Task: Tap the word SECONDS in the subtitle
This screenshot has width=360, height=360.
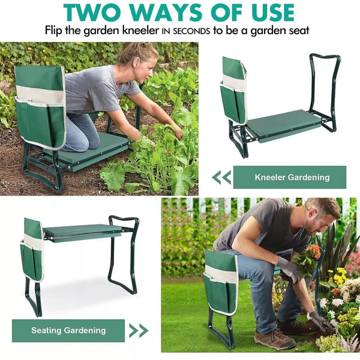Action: [x=191, y=31]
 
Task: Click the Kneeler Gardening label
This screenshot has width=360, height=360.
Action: [x=290, y=177]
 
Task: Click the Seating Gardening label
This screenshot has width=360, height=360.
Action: [x=68, y=331]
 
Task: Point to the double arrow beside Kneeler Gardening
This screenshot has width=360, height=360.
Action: [x=221, y=178]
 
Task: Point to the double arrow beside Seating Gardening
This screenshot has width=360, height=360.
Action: [x=139, y=331]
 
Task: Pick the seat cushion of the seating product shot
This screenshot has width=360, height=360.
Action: [x=82, y=232]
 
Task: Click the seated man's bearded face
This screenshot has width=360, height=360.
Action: [x=315, y=224]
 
